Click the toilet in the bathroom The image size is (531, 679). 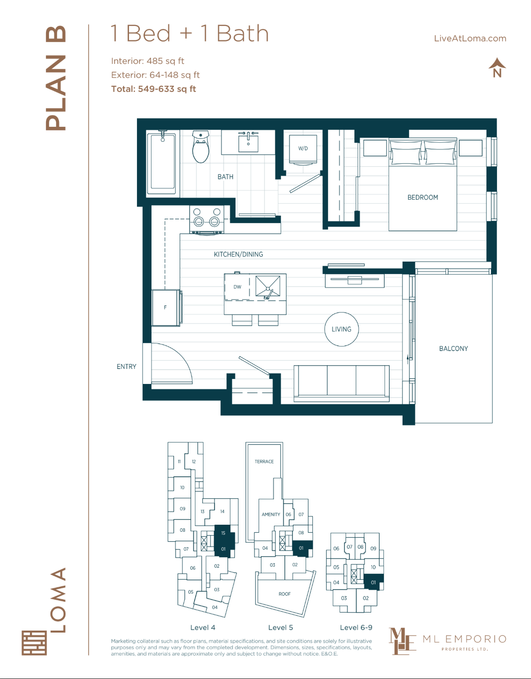click(200, 148)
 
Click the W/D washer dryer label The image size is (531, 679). click(303, 148)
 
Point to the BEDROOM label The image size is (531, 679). click(422, 198)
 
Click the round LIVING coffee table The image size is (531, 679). click(341, 329)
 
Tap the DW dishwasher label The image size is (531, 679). click(237, 287)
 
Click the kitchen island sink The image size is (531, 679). click(268, 288)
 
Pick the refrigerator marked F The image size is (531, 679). click(166, 308)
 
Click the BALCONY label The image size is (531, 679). click(453, 348)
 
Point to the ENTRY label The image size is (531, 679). click(126, 366)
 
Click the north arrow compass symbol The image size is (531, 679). click(497, 68)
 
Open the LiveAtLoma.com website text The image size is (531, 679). click(470, 38)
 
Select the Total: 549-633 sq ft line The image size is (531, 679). click(153, 89)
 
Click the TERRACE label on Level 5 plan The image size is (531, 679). click(264, 461)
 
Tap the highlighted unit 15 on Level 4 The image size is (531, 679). click(222, 532)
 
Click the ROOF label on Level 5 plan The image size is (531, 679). click(284, 594)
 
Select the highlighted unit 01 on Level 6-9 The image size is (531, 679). click(373, 582)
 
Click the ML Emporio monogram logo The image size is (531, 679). click(402, 641)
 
